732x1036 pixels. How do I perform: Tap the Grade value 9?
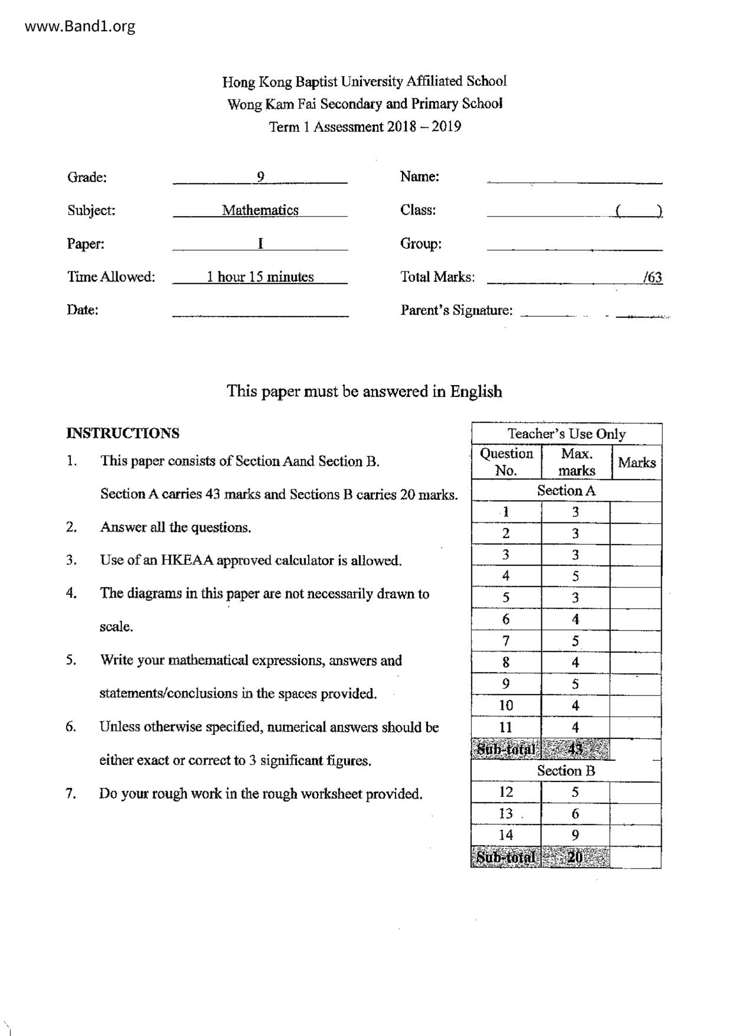(260, 177)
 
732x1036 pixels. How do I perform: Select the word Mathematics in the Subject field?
(260, 210)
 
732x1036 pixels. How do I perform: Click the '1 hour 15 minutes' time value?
(260, 276)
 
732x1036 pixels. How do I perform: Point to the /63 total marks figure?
(653, 277)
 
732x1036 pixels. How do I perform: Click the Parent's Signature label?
(456, 310)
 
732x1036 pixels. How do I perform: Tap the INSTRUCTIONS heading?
(123, 433)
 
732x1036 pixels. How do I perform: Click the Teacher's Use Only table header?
(567, 434)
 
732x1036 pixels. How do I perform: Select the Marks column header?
(636, 462)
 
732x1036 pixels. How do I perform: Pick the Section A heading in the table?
(567, 490)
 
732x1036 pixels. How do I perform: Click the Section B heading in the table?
(566, 771)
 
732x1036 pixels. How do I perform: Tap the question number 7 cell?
(506, 641)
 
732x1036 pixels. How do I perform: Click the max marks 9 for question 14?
(576, 835)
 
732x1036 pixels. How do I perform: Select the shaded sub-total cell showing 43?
(576, 750)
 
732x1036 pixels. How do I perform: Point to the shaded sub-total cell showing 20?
(576, 857)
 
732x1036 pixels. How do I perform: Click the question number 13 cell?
(506, 813)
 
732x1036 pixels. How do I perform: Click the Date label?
(83, 310)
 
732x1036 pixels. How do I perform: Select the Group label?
(421, 243)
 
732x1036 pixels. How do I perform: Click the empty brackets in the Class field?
(638, 210)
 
